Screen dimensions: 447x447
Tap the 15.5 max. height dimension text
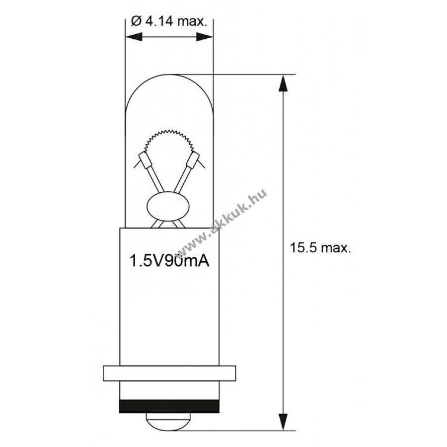point(320,248)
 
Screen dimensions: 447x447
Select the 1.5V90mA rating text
point(169,261)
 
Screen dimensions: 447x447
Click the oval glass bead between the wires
point(168,207)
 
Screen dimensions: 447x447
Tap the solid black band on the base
point(169,406)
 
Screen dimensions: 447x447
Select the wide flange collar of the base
point(169,373)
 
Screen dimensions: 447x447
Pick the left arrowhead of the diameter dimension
point(134,37)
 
